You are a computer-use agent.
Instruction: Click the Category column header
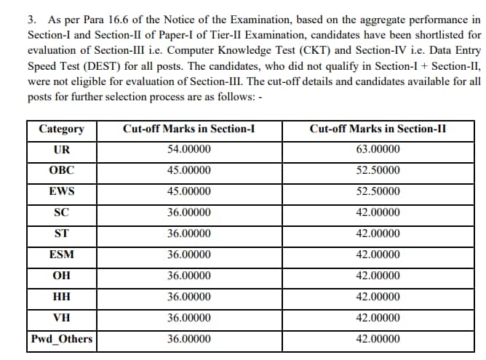click(x=61, y=129)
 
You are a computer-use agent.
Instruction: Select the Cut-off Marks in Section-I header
click(x=188, y=129)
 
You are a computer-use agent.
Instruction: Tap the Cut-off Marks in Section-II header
click(x=378, y=129)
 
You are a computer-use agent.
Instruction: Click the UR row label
click(x=61, y=151)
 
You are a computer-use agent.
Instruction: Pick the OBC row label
click(x=61, y=172)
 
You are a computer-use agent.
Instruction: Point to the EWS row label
click(x=61, y=193)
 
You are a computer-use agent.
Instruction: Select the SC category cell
click(x=61, y=213)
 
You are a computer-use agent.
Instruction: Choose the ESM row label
click(x=61, y=255)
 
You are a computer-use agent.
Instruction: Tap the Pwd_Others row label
click(x=62, y=339)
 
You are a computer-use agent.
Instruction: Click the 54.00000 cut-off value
click(x=189, y=151)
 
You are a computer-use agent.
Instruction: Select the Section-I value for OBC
click(x=189, y=172)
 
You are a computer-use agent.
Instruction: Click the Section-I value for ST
click(x=189, y=234)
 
